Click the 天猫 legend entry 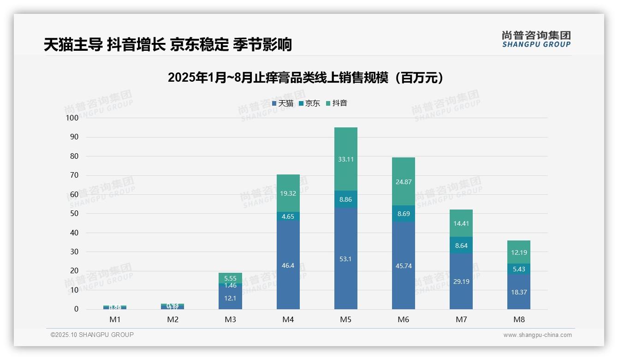pos(283,103)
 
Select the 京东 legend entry pos(309,103)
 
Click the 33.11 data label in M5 pos(345,159)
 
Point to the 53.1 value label pos(345,259)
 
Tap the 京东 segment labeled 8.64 pos(461,246)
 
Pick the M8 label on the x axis pos(519,320)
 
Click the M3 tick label pos(231,320)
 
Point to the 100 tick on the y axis pos(72,118)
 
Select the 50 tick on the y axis pos(74,214)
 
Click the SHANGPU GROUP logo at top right pos(536,39)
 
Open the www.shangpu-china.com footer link pos(537,335)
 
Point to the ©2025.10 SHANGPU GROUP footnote pos(92,335)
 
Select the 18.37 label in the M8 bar pos(519,292)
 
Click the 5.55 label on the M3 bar pos(231,278)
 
